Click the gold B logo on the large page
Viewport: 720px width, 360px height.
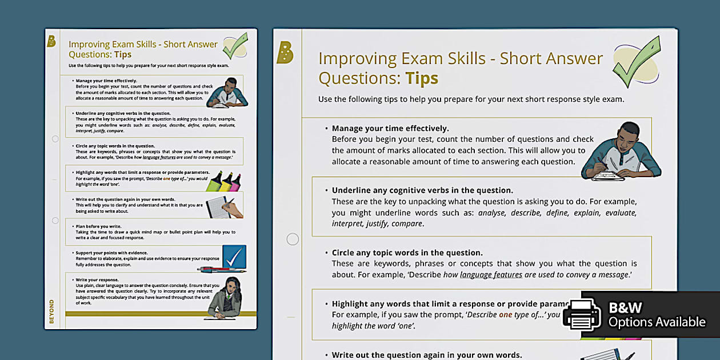285,53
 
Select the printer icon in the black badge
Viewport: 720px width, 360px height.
581,314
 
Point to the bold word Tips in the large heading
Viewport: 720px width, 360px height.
422,78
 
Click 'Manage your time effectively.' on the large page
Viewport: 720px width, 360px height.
390,129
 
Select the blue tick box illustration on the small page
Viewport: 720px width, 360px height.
233,257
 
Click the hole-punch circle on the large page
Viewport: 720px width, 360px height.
293,239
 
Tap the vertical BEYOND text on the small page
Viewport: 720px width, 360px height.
51,311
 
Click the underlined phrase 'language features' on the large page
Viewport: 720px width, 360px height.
491,274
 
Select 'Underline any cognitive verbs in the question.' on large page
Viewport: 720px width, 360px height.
422,190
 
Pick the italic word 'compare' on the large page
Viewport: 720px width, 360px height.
406,223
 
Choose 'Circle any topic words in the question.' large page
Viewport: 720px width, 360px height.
407,253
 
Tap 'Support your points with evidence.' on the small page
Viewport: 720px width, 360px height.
111,253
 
